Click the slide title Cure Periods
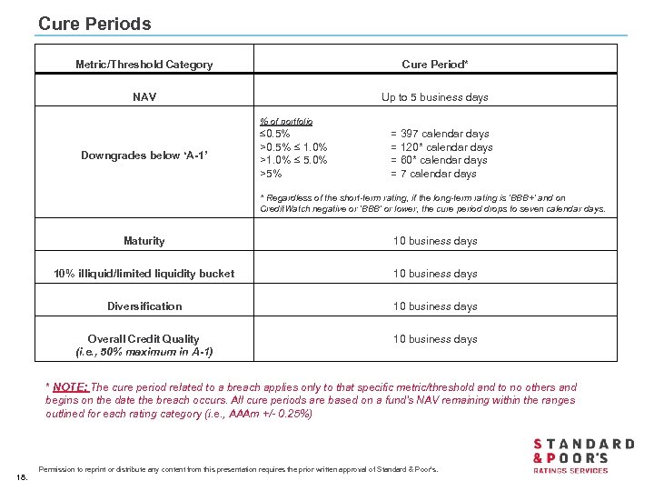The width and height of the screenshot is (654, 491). pos(94,24)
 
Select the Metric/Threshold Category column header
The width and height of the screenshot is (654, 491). pos(144,65)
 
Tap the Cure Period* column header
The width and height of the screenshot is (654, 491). pos(435,65)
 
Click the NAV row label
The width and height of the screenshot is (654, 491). pos(144,97)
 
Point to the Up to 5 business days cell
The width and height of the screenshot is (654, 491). pos(435,97)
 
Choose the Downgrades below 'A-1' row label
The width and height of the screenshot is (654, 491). pos(144,155)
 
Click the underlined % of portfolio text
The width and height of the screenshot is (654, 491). pos(286,121)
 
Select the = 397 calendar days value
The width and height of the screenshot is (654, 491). pos(440,134)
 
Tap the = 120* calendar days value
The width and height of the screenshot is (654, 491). pos(441,147)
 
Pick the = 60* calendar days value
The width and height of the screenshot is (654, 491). pos(439,160)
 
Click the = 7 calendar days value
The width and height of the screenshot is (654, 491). pos(433,174)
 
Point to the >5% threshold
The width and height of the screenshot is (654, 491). pos(271,174)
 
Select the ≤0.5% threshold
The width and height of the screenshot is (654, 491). pos(275,134)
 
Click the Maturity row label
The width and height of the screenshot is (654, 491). pos(144,241)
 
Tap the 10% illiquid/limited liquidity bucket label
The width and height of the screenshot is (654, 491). pos(144,274)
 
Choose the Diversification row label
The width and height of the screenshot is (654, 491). pos(144,306)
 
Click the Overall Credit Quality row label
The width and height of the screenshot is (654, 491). pos(144,339)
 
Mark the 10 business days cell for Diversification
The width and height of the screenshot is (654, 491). pos(435,306)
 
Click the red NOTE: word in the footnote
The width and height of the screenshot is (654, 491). pos(70,387)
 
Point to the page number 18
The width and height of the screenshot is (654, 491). pos(22,476)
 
